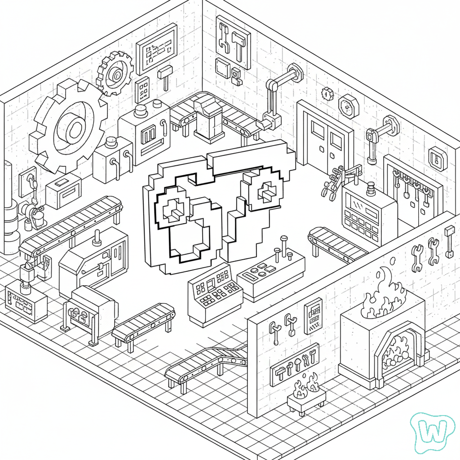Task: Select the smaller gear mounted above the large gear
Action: [115, 73]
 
